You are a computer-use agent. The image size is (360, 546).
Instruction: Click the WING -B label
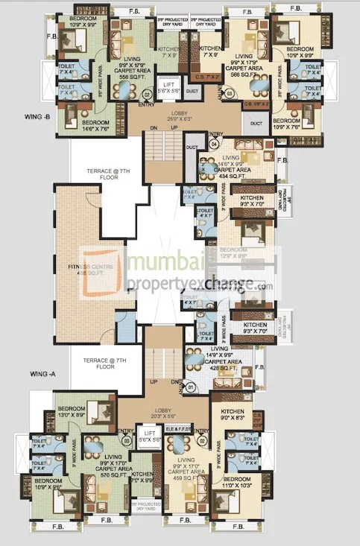pos(37,117)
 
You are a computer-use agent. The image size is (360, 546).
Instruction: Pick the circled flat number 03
pos(230,93)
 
